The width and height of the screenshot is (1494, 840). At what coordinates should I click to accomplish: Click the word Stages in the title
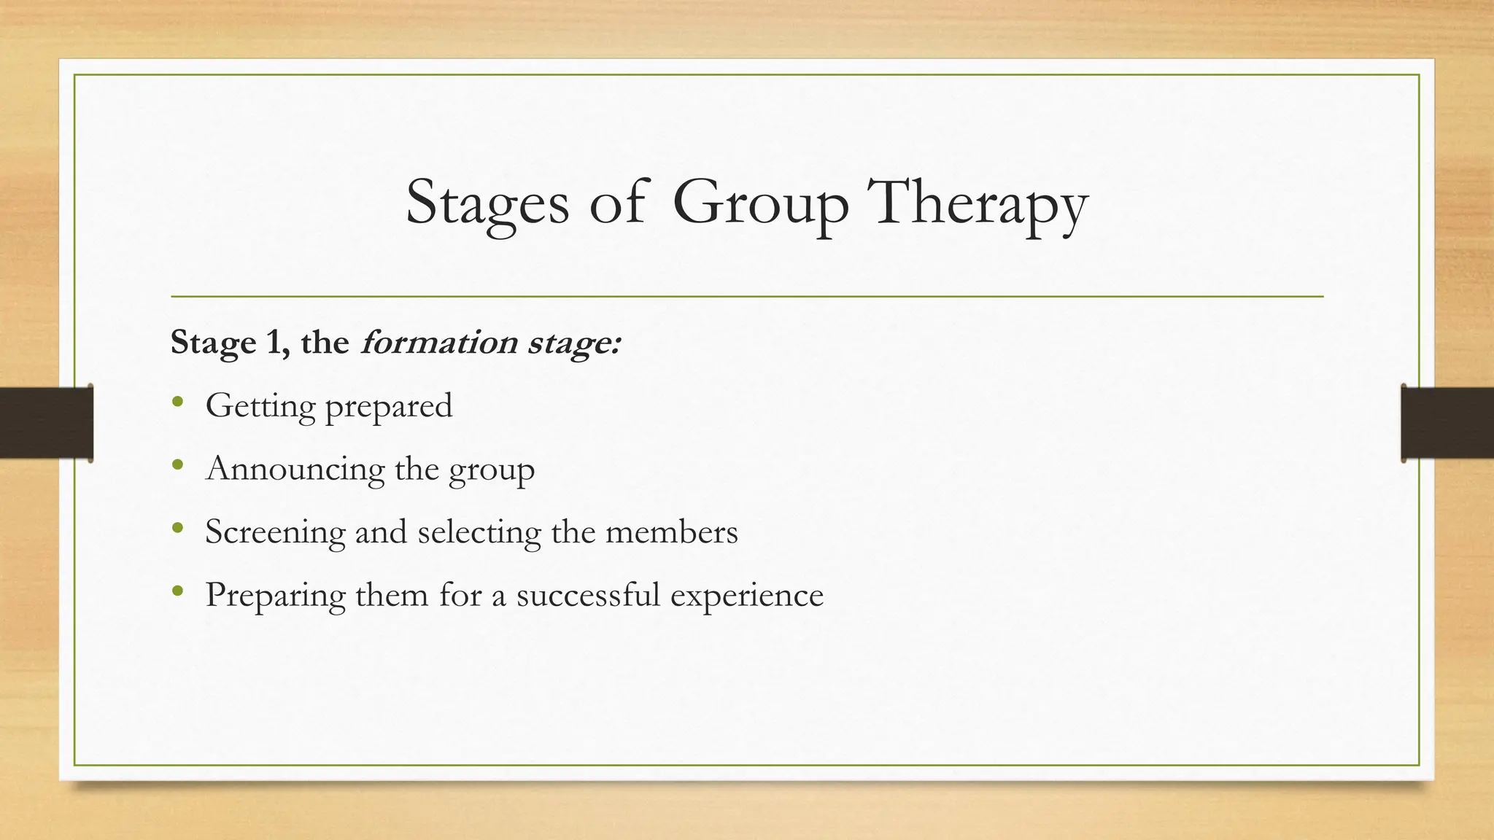coord(487,203)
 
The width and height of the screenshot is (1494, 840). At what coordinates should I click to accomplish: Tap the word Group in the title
coord(760,203)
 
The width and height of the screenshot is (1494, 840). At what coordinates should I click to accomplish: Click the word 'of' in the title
coord(617,203)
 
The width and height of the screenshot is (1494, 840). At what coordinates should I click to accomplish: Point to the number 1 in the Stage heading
coord(274,343)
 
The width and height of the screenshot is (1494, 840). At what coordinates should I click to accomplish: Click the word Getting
coord(260,405)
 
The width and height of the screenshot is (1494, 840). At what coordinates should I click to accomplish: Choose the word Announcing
coord(295,468)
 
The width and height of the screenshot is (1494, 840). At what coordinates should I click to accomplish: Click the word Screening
coord(274,532)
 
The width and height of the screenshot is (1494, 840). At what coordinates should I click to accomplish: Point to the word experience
coord(746,596)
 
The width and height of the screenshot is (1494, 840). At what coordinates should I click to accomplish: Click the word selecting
coord(479,532)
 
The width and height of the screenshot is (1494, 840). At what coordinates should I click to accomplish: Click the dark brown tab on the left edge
coord(45,423)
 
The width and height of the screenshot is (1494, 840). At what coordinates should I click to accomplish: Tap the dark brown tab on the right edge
coord(1447,423)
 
